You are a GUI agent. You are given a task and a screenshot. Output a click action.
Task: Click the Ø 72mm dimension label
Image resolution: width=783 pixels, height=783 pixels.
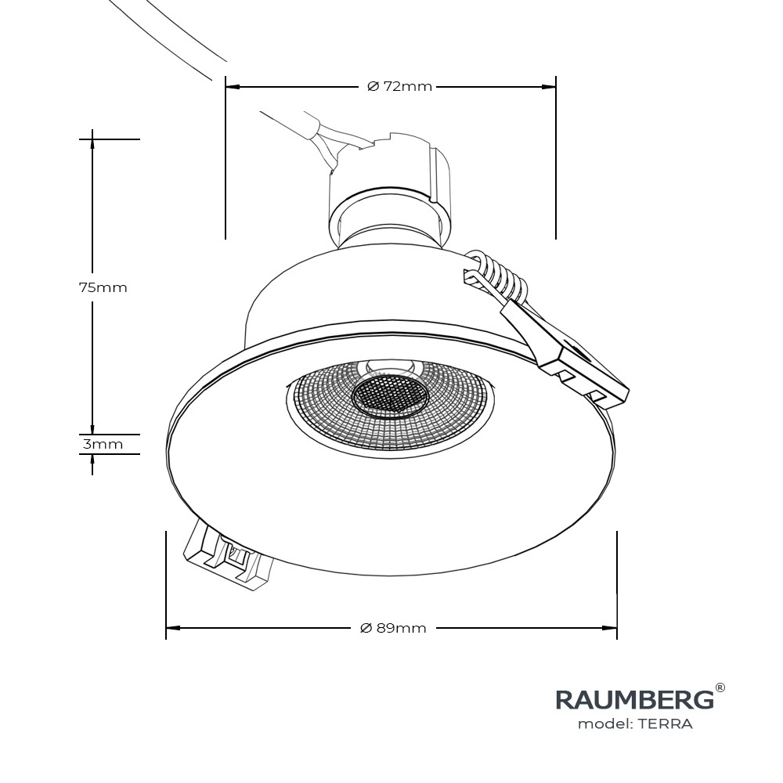(399, 86)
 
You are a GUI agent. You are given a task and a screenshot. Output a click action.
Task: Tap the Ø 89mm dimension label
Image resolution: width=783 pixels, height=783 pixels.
(393, 628)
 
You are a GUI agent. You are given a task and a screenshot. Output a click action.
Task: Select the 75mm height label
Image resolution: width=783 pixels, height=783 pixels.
(103, 287)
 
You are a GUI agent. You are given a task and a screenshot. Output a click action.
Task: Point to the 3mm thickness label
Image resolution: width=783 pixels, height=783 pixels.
(103, 444)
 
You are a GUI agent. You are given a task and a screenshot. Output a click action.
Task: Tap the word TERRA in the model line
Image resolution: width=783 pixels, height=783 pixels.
(665, 724)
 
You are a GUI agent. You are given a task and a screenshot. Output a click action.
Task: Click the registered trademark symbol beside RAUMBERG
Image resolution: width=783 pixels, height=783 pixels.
(720, 688)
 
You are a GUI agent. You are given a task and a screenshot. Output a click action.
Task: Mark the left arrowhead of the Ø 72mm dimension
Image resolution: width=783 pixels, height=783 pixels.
(233, 86)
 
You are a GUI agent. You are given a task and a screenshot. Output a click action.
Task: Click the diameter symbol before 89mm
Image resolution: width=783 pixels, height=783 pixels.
(365, 628)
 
